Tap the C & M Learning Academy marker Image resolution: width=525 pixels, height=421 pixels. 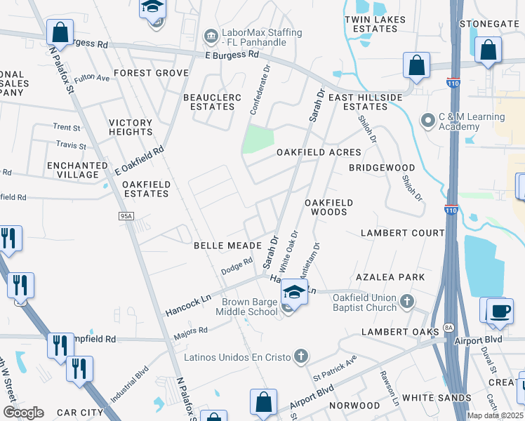point(427,121)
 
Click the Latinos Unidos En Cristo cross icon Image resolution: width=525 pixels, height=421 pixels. point(300,356)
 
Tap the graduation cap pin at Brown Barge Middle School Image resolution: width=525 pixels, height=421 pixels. point(294,293)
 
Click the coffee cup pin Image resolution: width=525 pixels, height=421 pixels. point(499,312)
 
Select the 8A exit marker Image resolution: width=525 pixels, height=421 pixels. point(450,329)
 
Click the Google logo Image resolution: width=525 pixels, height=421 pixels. point(23,412)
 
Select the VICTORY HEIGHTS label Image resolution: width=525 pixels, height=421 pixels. point(131,127)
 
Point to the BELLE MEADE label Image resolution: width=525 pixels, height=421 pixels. point(227,246)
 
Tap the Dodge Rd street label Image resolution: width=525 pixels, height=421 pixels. point(237,266)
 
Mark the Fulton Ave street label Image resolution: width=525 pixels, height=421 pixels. point(91,78)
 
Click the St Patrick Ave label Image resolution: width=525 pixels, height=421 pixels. point(335,368)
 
